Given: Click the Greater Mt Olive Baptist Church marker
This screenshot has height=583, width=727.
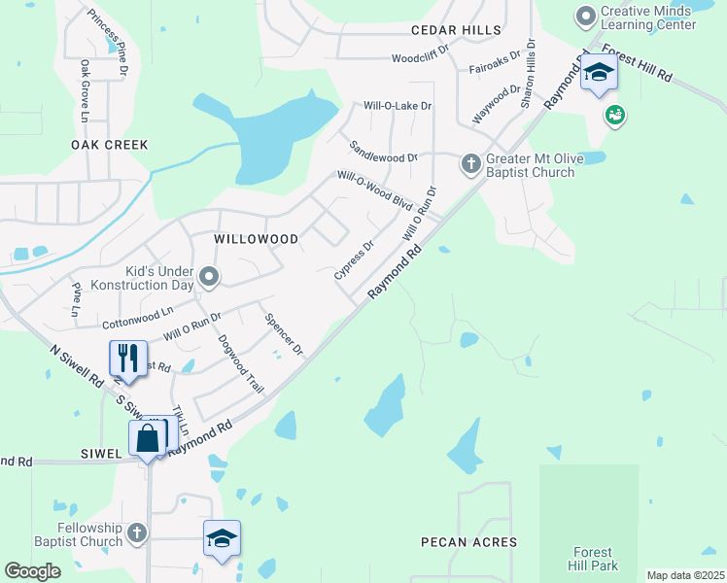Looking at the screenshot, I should pos(470,163).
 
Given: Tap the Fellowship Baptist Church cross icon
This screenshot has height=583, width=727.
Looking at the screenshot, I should pos(137,532).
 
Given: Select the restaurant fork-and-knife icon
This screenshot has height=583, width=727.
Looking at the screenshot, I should pos(128,359).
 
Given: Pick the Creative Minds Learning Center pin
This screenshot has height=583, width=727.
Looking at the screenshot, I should pos(585,17).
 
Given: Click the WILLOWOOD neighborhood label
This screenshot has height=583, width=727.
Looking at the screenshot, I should pos(256,238).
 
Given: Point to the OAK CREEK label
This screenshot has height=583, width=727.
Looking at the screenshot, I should pos(110,144).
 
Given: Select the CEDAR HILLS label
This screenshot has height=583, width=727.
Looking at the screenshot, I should pos(455,31).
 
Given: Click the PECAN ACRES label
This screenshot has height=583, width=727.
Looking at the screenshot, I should pos(468,541).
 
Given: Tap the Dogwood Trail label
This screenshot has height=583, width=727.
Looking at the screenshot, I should pos(241,363).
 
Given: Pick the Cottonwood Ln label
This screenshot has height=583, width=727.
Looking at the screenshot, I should pos(137,317).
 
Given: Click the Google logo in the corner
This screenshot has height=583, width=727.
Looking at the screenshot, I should pos(33,571).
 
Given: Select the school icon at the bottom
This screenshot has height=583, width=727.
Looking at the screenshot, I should pos(222,537).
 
